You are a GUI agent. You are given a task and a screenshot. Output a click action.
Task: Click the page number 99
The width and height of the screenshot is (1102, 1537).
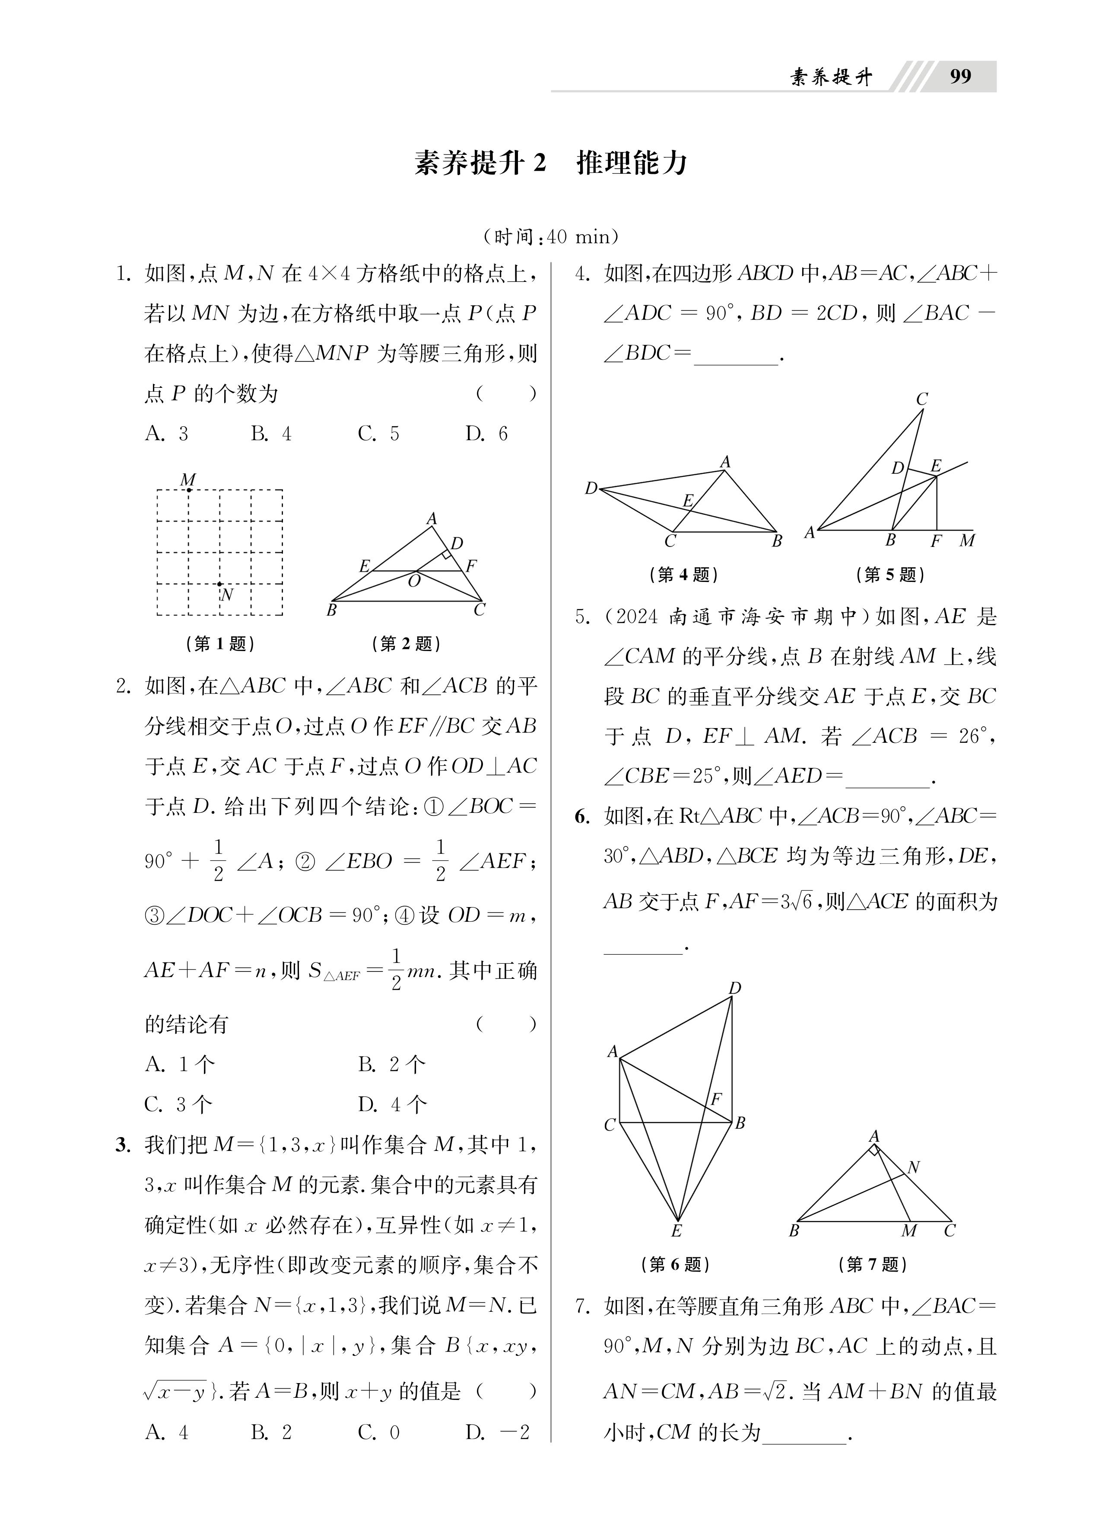[960, 76]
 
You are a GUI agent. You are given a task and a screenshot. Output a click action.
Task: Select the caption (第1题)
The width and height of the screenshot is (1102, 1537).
[220, 643]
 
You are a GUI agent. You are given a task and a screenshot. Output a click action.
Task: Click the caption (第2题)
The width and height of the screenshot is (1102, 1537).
[407, 643]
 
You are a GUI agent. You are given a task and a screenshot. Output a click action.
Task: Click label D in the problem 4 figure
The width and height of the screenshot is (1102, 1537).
[591, 488]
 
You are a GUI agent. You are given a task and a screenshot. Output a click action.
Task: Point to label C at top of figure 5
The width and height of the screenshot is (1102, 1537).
[922, 399]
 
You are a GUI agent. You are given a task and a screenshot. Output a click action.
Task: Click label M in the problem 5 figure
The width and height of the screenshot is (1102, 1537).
[966, 541]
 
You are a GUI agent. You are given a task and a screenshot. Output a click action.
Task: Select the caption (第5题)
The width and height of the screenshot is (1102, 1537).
[890, 575]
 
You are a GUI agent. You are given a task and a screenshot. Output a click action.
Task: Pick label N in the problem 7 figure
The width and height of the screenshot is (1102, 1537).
[913, 1167]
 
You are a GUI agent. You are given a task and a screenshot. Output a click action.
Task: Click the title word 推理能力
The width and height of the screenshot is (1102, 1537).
[631, 163]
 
